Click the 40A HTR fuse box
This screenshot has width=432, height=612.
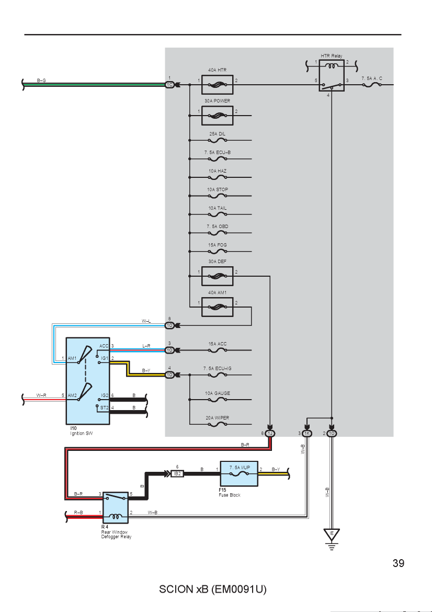coord(218,85)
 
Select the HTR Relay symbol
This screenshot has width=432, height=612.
coord(332,75)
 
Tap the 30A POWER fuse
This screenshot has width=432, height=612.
coord(218,116)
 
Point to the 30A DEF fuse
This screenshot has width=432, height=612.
coord(218,276)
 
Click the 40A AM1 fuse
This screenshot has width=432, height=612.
coord(218,307)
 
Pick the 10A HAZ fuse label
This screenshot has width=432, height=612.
coord(218,171)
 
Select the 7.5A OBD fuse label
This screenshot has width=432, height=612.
coord(218,226)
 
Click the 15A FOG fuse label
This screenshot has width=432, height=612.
coord(218,245)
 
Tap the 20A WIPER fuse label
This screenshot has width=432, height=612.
coord(218,418)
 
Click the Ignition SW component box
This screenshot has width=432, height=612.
coord(88,381)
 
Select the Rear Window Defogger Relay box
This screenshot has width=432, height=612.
coord(116,508)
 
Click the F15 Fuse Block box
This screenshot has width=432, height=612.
coord(239,473)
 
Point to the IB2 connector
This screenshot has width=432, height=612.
coord(177,474)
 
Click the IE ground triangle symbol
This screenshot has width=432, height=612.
coord(332,534)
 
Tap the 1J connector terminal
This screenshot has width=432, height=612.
coord(270,433)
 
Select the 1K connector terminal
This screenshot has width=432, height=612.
coord(307,433)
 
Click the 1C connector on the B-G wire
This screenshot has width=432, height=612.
coord(170,85)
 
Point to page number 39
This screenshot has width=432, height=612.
coord(399,563)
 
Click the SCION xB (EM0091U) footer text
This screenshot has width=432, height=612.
coord(213,589)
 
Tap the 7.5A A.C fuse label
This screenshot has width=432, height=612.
coord(372,78)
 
